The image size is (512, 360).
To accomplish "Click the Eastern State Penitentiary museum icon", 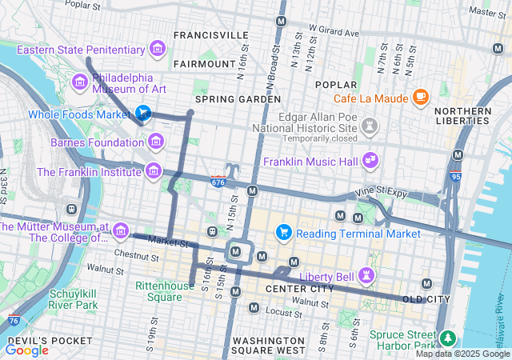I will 157,50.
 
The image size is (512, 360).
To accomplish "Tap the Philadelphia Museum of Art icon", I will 79,82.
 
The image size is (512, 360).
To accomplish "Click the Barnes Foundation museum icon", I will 156,142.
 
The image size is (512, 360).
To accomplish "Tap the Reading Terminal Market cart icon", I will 282,233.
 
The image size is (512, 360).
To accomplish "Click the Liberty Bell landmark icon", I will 367,276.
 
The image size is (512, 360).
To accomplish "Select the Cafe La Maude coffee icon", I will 420,98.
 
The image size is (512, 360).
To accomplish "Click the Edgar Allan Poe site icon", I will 369,126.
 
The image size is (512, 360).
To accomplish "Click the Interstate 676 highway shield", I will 218,182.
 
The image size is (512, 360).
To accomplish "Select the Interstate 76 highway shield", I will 13,321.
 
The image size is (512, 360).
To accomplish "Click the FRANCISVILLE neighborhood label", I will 210,35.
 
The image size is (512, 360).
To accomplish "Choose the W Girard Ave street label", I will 334,33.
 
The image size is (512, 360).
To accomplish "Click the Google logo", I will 26,350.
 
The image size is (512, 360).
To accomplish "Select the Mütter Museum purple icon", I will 121,231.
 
